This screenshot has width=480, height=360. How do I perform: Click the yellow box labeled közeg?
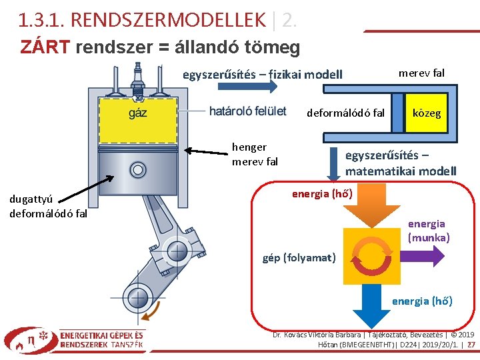point(427,113)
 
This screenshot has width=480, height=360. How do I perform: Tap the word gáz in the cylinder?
point(138,113)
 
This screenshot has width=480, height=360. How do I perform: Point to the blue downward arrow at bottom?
point(366,306)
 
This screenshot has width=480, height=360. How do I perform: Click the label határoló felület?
point(247,111)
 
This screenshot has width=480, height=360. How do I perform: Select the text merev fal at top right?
point(421,73)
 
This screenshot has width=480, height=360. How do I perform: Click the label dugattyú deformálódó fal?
point(48,206)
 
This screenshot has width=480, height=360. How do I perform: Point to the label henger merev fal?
point(255,154)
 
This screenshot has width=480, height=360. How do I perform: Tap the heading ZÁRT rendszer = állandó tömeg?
point(160,48)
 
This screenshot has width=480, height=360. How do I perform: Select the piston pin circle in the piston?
point(138,169)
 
